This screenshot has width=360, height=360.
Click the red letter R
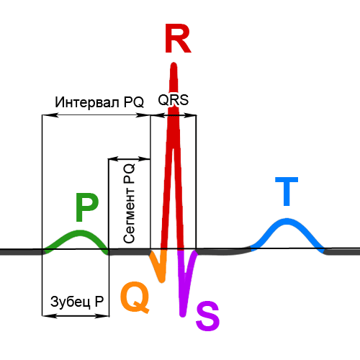tap(177, 39)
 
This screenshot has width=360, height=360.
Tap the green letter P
tap(86, 208)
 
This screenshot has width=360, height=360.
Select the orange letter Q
tap(135, 297)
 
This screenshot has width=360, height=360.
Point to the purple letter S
tap(207, 316)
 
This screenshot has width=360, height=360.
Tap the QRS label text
tap(173, 101)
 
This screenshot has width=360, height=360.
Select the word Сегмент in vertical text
tap(130, 215)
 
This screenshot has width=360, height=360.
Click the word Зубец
tap(71, 301)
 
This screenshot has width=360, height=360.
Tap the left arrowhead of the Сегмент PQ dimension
tap(111, 158)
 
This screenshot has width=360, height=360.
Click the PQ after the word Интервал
tap(134, 102)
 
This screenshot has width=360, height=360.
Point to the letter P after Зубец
tap(99, 301)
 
